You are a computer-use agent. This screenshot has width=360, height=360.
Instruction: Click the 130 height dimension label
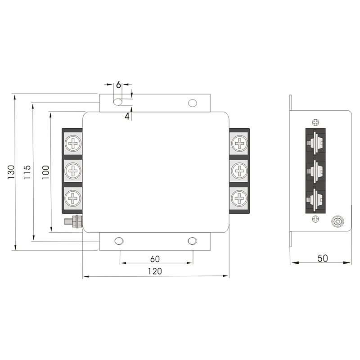click(x=11, y=172)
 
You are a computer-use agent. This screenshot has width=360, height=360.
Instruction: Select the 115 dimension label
click(x=27, y=172)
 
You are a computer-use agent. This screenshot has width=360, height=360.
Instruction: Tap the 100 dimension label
click(x=45, y=172)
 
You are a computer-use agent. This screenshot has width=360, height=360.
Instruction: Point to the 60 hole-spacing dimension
click(x=155, y=259)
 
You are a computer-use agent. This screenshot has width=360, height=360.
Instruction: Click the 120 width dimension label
click(x=155, y=271)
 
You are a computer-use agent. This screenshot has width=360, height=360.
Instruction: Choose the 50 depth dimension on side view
click(x=322, y=258)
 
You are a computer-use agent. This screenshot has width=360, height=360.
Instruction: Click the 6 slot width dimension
click(x=118, y=85)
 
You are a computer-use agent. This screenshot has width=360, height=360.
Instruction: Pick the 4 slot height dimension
click(x=127, y=116)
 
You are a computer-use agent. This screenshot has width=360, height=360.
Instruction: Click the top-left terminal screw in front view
click(x=73, y=144)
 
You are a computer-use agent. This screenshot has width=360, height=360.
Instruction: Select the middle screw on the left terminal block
click(x=73, y=171)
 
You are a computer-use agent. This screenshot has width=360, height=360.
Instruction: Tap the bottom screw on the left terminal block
click(x=73, y=197)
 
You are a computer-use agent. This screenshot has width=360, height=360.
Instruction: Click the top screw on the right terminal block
click(x=240, y=144)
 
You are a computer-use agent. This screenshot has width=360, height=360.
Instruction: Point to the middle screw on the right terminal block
click(x=240, y=171)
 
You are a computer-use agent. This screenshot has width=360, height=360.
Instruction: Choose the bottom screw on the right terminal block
click(x=240, y=197)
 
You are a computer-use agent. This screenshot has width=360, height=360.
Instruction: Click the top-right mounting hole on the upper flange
click(x=192, y=103)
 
